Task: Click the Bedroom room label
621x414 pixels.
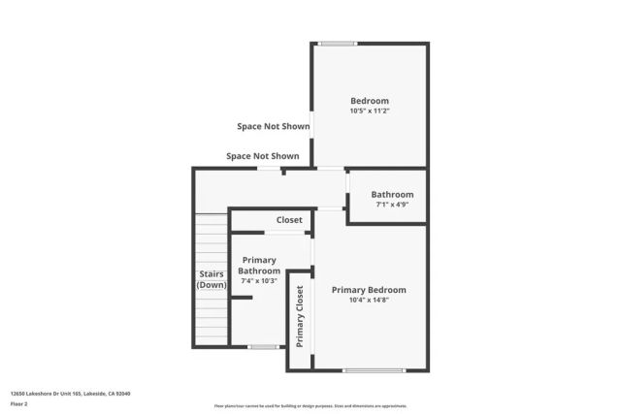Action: pos(369,101)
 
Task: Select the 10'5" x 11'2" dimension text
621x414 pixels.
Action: pos(369,111)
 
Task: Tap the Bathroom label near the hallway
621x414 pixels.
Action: pos(392,194)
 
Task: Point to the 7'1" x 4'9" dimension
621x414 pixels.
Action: pos(392,205)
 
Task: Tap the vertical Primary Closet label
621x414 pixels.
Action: pos(300,317)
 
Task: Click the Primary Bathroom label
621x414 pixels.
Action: pos(259,266)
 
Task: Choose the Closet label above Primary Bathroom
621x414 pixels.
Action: pos(289,220)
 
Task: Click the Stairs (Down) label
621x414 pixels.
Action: pos(212,279)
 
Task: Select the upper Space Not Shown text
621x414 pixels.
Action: pos(273,126)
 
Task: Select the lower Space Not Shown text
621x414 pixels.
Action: pos(262,156)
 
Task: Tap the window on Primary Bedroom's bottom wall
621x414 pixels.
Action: pos(374,370)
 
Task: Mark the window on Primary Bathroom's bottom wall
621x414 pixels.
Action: pos(263,346)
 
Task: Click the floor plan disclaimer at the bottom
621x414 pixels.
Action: pos(310,406)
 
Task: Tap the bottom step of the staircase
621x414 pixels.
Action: pos(210,341)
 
